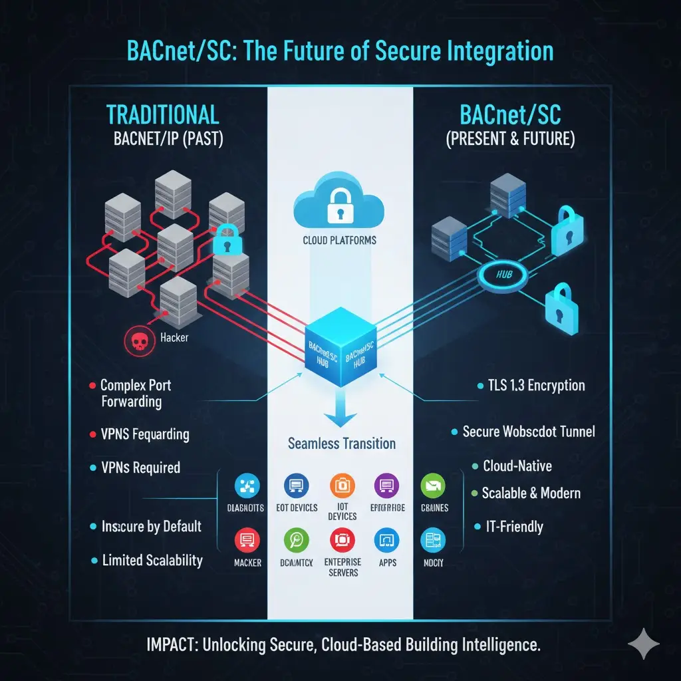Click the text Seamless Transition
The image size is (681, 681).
pyautogui.click(x=342, y=443)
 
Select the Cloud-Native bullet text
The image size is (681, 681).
pyautogui.click(x=517, y=466)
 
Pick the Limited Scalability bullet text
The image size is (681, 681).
pyautogui.click(x=152, y=560)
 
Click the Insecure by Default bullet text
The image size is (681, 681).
pyautogui.click(x=151, y=526)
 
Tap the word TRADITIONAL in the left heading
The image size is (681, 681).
pyautogui.click(x=162, y=115)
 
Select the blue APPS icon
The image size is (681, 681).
pyautogui.click(x=387, y=539)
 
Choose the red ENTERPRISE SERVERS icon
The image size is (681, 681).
pyautogui.click(x=342, y=539)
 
